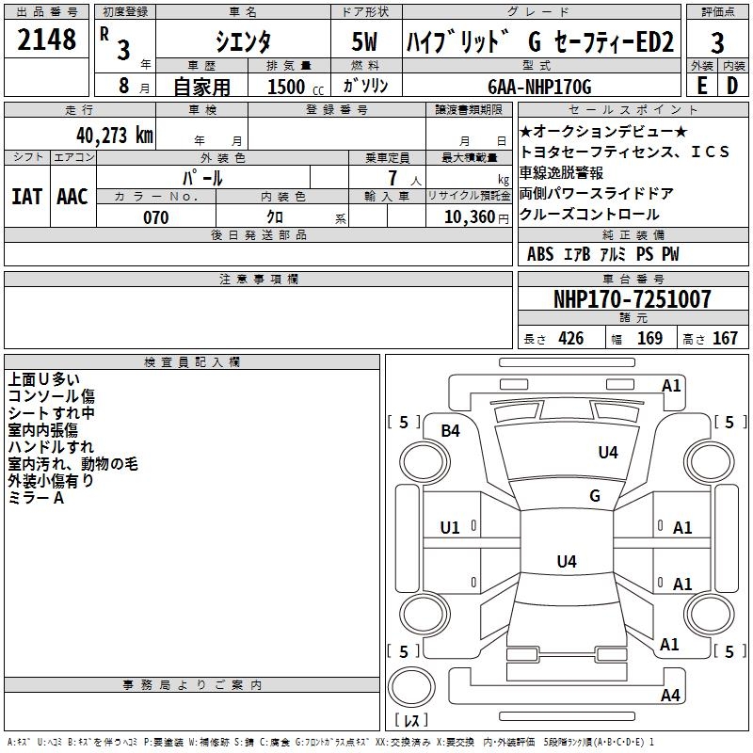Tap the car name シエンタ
click(x=243, y=41)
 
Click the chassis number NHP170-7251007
click(x=632, y=299)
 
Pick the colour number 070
click(x=155, y=217)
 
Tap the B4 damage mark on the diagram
click(x=451, y=431)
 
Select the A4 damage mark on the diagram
click(x=670, y=696)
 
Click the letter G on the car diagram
click(x=595, y=496)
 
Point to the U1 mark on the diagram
click(x=451, y=528)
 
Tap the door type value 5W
click(x=366, y=42)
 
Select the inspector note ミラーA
click(x=36, y=498)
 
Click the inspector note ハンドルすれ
click(x=51, y=447)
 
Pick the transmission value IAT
click(x=26, y=196)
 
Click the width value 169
click(x=649, y=339)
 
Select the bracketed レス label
click(x=412, y=722)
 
